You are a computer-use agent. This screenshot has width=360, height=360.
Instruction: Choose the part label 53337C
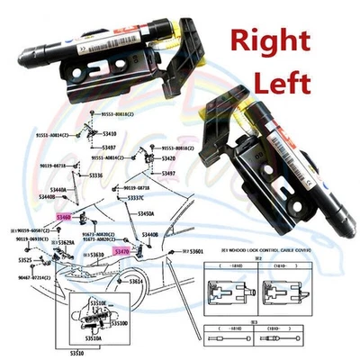click(135, 197)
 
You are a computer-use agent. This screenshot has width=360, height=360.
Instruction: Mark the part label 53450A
click(145, 214)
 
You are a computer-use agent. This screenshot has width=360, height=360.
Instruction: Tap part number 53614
click(136, 281)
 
